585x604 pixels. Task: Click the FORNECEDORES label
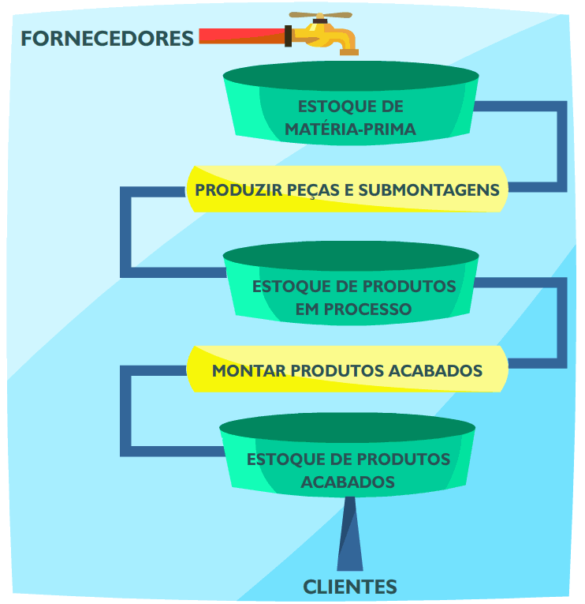click(106, 38)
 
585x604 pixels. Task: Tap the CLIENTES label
click(350, 587)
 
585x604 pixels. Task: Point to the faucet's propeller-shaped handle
click(319, 15)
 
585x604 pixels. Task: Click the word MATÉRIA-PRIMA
click(350, 129)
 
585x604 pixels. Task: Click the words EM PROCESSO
click(353, 309)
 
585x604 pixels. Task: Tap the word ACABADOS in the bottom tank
click(348, 481)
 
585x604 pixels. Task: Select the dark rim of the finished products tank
click(347, 429)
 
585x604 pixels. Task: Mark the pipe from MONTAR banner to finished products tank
click(125, 411)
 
